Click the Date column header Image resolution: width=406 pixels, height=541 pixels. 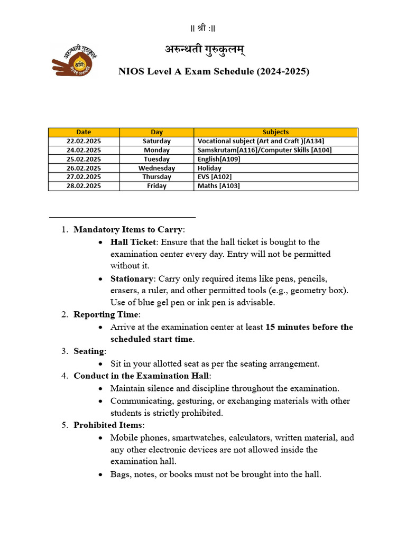[x=84, y=132]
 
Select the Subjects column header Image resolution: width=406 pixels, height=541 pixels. [x=275, y=132]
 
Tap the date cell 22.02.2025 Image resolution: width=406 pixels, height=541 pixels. [x=84, y=141]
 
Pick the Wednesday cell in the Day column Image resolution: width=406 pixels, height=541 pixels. [x=156, y=168]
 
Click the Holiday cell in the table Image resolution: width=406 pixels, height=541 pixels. [x=209, y=168]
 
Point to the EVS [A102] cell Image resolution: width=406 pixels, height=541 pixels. [x=214, y=177]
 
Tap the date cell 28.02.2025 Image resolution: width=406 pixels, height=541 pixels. [x=84, y=186]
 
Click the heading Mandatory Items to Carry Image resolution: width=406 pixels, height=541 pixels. [x=128, y=229]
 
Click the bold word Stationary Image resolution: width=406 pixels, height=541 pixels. [x=131, y=278]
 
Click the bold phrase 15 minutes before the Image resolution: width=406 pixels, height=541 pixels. [x=309, y=327]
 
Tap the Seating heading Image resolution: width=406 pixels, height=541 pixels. [x=89, y=351]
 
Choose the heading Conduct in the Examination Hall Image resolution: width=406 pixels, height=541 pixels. [x=141, y=376]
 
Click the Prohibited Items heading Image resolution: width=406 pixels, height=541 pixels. [x=108, y=425]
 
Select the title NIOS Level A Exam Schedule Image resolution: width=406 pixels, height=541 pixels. [x=214, y=71]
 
